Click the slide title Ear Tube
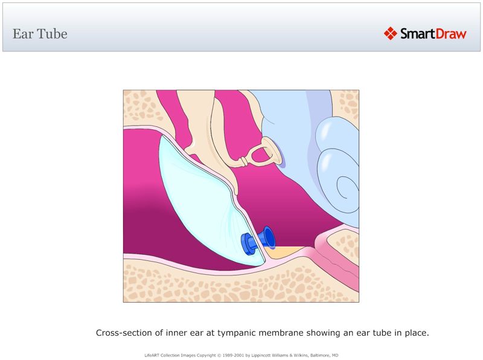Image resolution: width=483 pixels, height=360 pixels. point(40,34)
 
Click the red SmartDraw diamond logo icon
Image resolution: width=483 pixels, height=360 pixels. point(390,33)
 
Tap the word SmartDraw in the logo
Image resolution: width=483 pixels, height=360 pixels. point(433,34)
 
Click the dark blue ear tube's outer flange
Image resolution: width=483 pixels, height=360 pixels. point(246,243)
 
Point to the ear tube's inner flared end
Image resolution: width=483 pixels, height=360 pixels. point(269,237)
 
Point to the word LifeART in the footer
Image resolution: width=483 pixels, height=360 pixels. point(150,355)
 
